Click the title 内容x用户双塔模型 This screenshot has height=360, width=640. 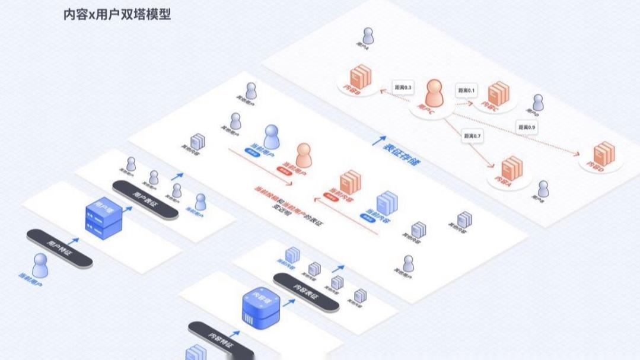pos(117,14)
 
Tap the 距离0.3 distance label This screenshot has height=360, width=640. pos(403,87)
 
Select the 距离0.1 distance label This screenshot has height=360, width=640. pos(467,90)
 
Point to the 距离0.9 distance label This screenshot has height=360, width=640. pos(527,127)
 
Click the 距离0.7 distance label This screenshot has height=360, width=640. pos(473,136)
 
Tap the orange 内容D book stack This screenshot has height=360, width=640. pos(604,154)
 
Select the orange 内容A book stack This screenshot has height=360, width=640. pos(512,168)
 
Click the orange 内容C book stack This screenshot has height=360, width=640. pos(499,93)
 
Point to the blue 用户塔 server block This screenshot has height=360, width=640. pos(104,218)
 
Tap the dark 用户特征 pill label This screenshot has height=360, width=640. pos(59,247)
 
